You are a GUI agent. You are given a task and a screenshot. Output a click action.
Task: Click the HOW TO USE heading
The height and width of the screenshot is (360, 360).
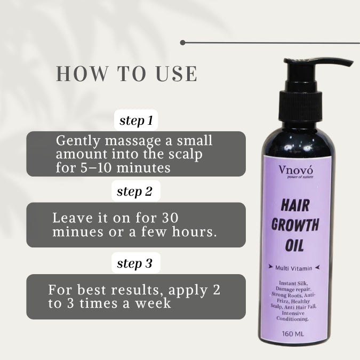coord(127,74)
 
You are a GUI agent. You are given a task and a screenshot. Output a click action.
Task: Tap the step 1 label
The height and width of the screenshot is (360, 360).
coord(136,121)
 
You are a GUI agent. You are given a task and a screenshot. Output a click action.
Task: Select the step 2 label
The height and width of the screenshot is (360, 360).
coord(134,192)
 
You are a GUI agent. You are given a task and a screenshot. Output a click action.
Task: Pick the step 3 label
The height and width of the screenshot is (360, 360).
coord(134,263)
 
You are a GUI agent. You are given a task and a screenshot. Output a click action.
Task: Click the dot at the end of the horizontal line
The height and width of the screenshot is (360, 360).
coord(183,42)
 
